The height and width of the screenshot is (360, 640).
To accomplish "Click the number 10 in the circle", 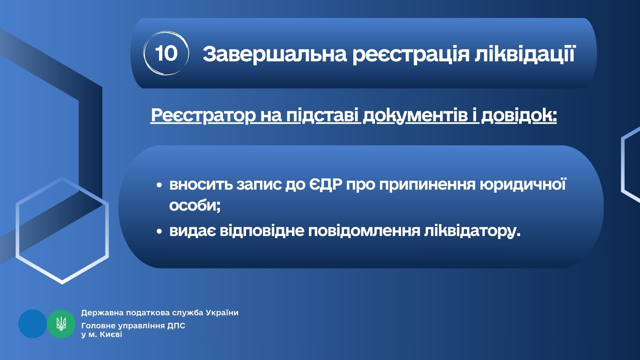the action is tap(166, 53).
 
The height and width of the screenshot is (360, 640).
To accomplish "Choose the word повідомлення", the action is tap(364, 231).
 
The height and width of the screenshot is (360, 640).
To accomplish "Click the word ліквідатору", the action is tap(472, 231).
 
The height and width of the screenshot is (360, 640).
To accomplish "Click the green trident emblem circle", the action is tap(61, 324).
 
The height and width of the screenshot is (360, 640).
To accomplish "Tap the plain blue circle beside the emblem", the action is tap(33, 324).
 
